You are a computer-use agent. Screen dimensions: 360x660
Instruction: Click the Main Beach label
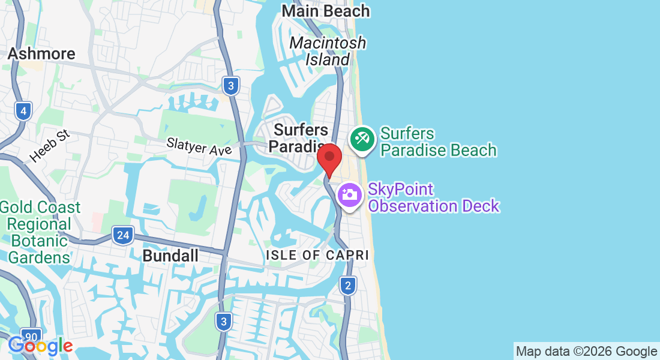326,11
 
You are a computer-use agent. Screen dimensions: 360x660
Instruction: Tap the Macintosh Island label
328,51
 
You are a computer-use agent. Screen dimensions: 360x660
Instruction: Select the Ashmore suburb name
41,53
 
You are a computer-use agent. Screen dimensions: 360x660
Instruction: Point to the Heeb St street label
50,146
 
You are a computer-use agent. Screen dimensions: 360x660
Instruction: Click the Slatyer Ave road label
199,147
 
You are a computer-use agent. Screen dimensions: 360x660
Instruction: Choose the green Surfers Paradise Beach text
438,142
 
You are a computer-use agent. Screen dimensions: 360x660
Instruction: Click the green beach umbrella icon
362,140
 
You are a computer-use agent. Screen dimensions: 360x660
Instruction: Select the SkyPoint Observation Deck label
433,198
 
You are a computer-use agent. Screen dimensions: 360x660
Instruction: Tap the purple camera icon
349,194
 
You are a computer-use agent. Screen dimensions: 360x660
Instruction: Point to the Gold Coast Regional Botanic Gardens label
40,233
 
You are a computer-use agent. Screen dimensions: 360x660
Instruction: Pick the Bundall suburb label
170,256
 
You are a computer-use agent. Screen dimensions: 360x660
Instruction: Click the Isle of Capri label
317,255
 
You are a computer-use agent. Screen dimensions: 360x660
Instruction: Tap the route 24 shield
122,235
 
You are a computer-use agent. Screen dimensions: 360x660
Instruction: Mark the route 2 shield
348,286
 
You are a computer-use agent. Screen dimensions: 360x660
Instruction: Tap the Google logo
40,346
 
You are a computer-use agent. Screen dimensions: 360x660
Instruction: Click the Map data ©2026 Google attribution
586,352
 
